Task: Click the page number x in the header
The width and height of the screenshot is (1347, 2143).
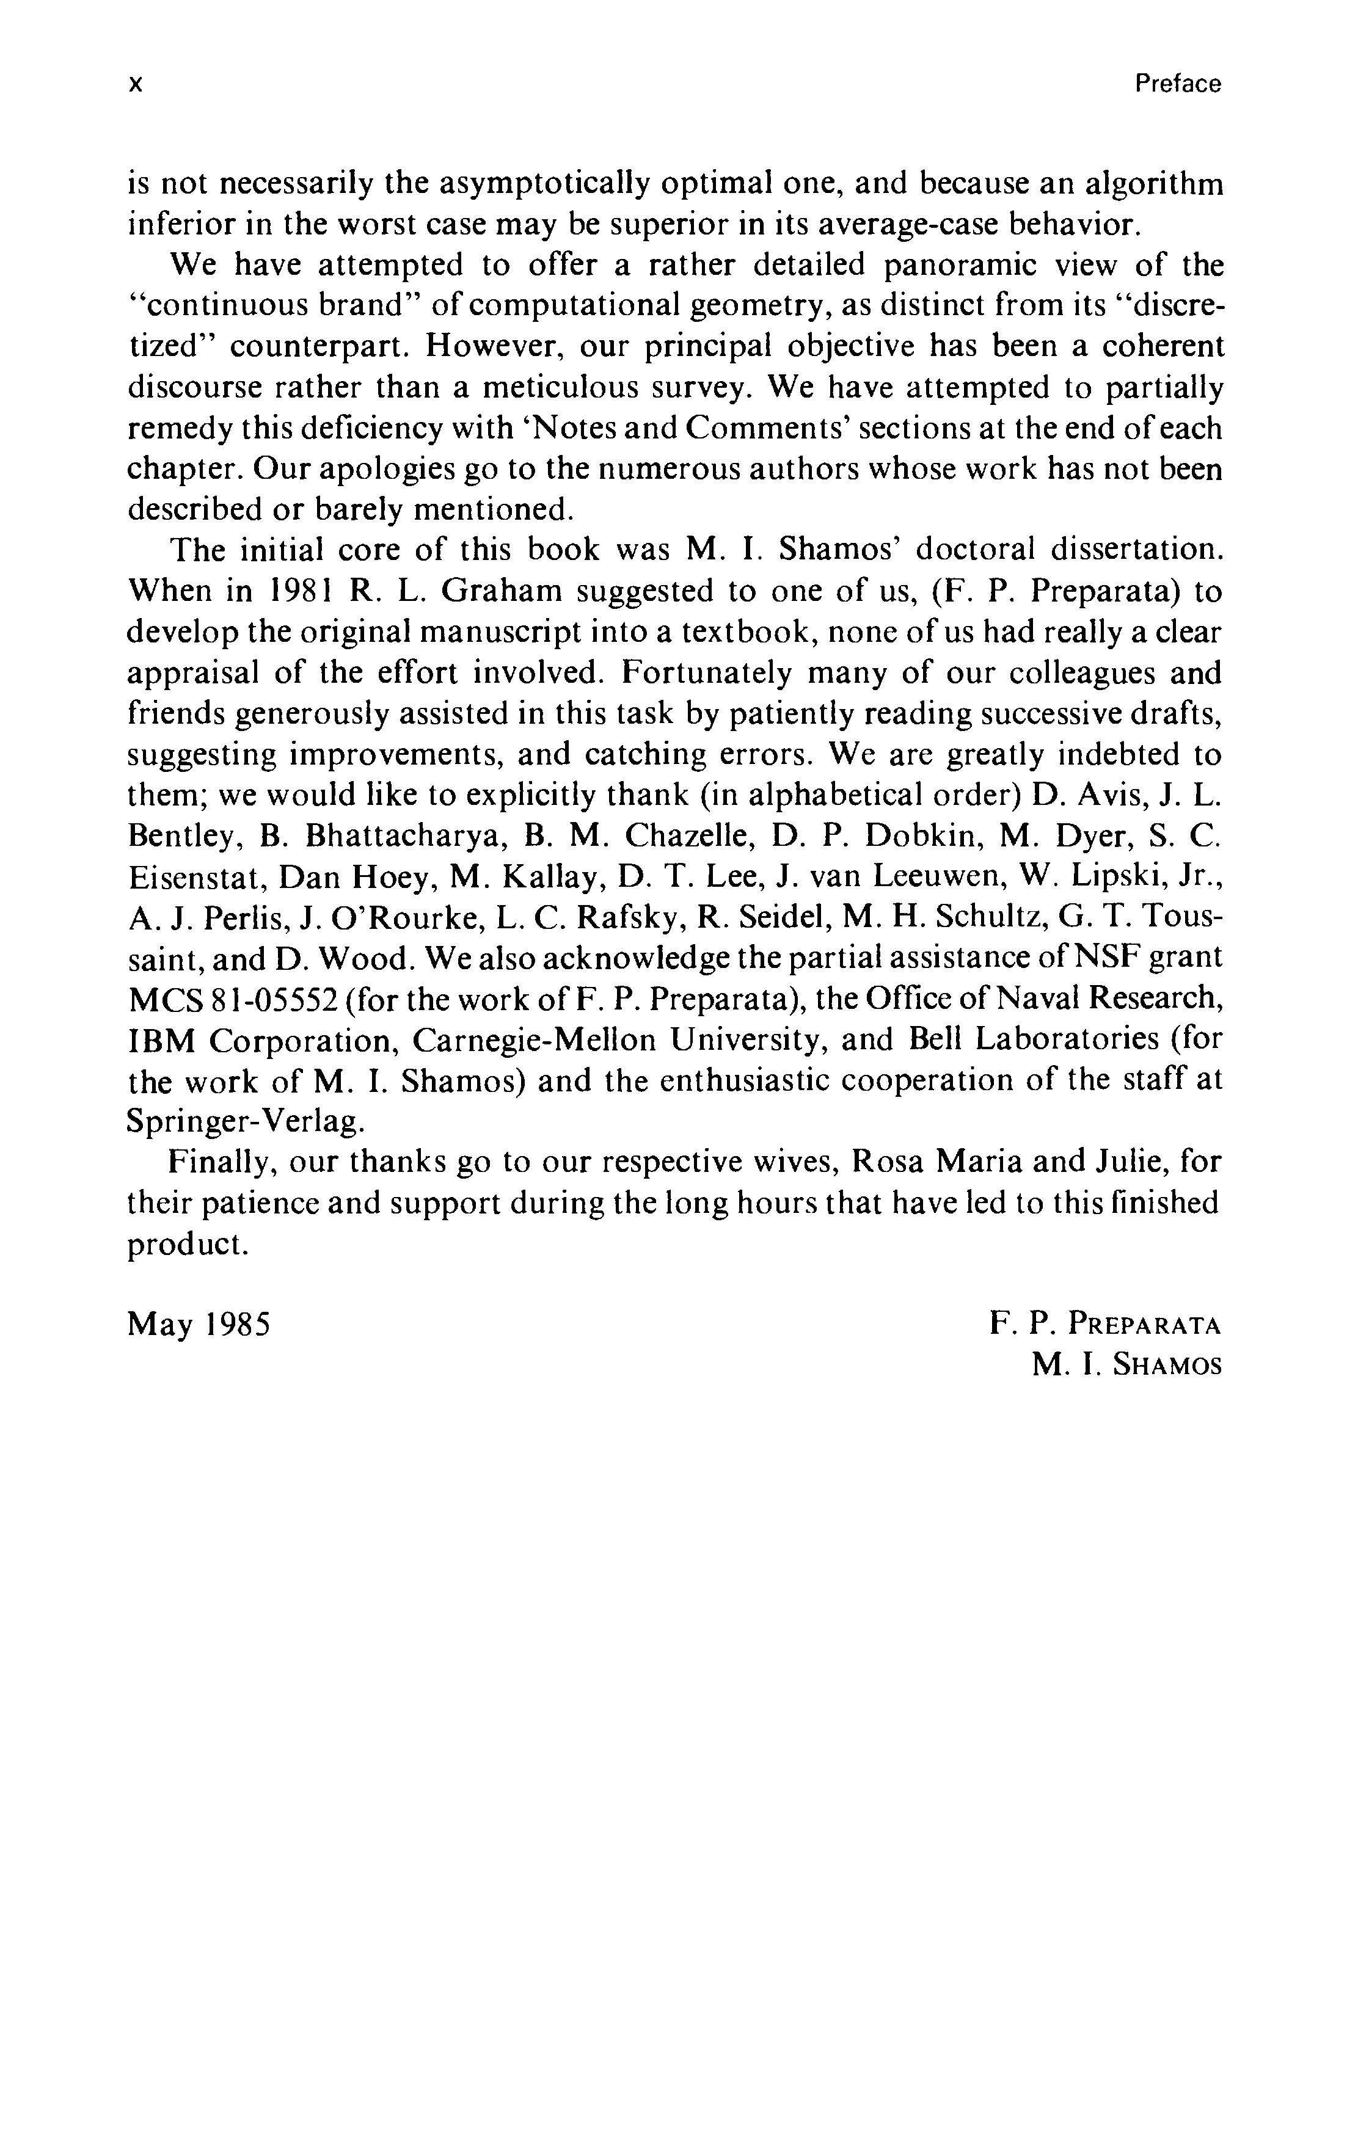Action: pos(136,84)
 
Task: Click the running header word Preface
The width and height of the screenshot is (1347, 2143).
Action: pos(1177,84)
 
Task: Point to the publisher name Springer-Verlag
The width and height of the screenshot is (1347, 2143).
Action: pos(245,1121)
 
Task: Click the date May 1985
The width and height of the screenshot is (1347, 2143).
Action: pos(199,1325)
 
